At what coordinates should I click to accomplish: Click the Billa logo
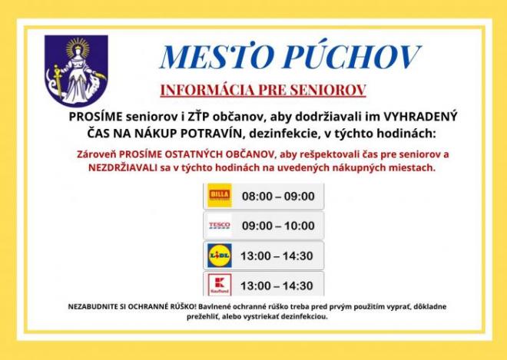point(220,195)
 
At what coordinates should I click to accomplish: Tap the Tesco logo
point(220,225)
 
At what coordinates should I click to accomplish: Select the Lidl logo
point(220,256)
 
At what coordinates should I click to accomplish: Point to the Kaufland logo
point(220,285)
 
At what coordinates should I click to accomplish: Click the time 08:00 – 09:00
point(278,197)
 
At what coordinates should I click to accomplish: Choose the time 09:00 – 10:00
point(278,226)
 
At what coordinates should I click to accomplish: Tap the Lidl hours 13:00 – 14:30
point(277,256)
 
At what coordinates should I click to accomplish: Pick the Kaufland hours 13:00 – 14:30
point(277,286)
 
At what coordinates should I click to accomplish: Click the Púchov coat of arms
point(76,71)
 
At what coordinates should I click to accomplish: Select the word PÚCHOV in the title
point(352,57)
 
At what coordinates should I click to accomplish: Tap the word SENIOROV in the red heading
point(328,90)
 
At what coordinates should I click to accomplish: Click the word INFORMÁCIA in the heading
point(207,90)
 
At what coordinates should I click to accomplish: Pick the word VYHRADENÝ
point(420,117)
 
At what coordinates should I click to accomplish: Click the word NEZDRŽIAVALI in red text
point(123,168)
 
